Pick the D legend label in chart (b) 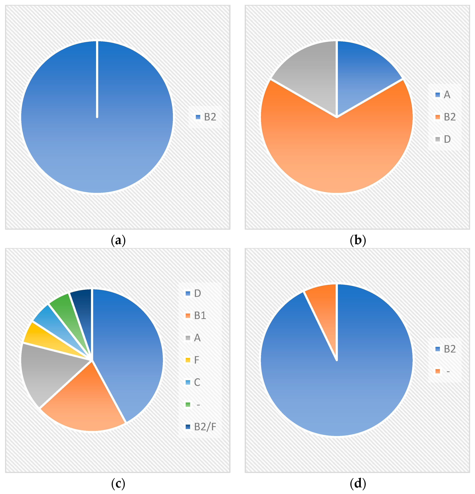click(x=447, y=139)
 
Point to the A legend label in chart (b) click(x=447, y=95)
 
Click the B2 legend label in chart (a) click(x=210, y=117)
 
